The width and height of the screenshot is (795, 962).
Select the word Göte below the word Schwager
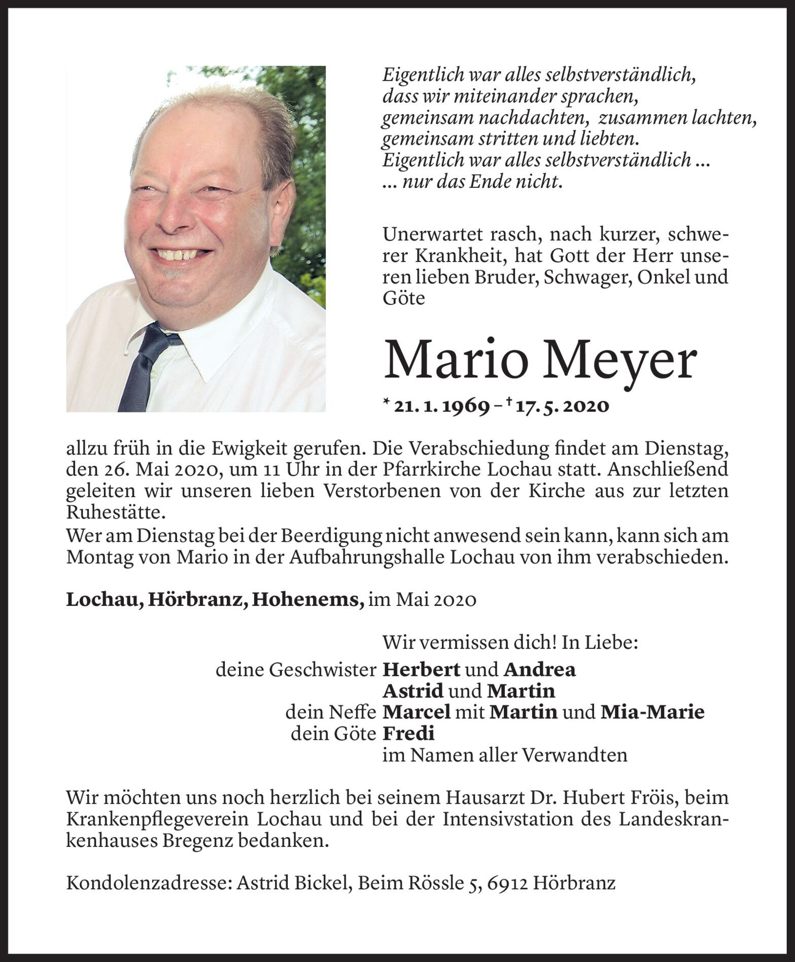coord(403,299)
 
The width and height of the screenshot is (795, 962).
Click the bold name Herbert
coord(421,670)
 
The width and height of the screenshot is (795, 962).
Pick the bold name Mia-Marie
coord(652,712)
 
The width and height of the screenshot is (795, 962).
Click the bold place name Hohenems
coord(308,600)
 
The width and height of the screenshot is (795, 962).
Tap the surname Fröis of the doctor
coord(653,798)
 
